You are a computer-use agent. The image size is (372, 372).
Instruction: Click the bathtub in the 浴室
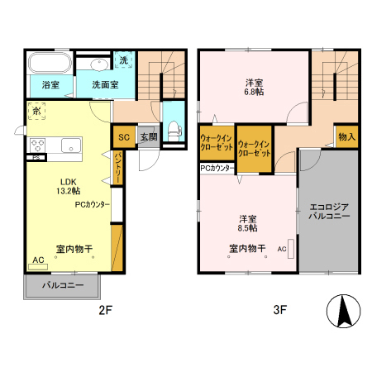(48, 64)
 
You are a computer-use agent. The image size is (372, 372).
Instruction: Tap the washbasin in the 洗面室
(98, 64)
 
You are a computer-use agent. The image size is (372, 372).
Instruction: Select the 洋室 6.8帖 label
(253, 88)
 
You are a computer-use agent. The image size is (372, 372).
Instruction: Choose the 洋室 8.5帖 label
(247, 223)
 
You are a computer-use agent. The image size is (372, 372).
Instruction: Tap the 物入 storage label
(346, 137)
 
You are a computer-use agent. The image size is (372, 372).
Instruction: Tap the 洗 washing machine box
(123, 60)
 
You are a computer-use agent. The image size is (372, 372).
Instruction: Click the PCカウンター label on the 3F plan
(217, 168)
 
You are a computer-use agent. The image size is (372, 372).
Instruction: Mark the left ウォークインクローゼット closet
(217, 146)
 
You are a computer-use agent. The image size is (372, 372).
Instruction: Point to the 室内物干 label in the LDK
(74, 248)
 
